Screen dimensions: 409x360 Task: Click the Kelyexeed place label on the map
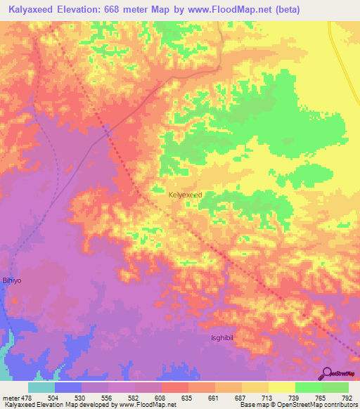186,195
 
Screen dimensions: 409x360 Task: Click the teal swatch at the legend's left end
41,387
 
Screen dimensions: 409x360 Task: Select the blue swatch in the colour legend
68,387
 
